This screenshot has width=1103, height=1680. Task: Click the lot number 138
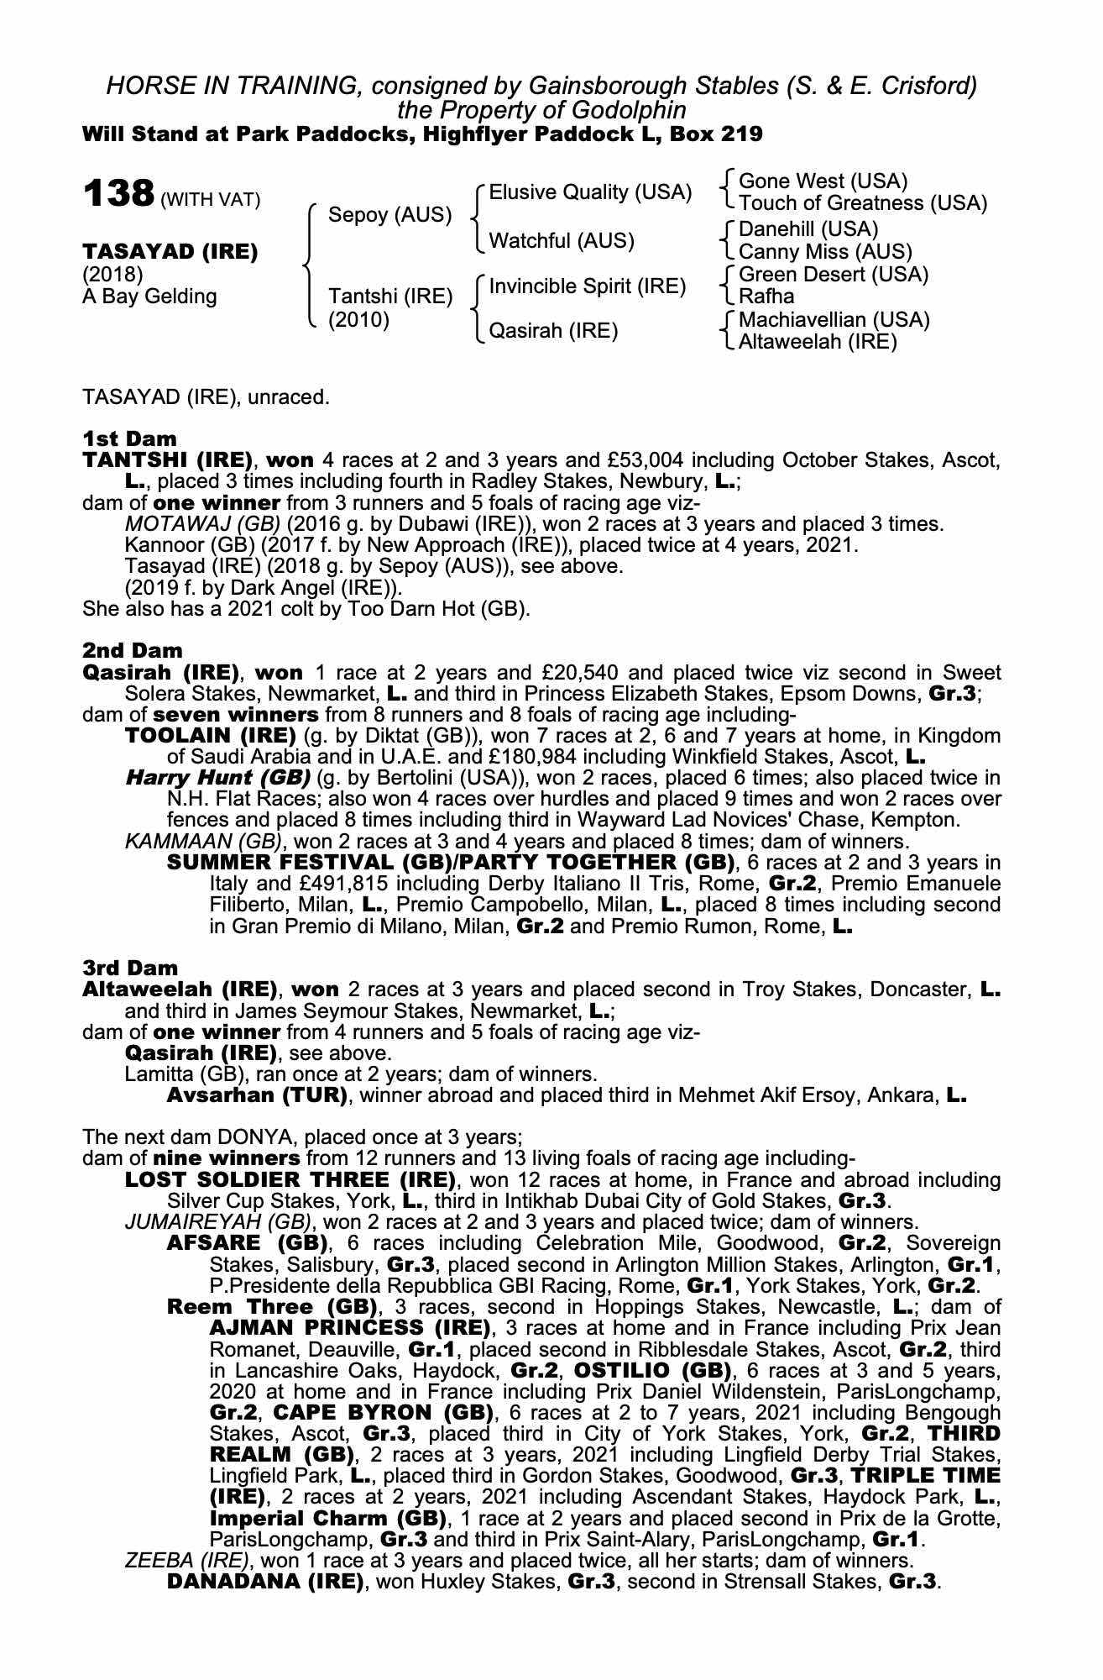click(117, 194)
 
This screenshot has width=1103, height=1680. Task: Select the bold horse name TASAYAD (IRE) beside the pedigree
click(170, 252)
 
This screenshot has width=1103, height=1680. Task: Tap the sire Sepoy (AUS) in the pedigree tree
click(389, 215)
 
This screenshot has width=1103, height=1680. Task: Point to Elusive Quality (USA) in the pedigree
click(590, 192)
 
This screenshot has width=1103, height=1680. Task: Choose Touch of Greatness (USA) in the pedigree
click(862, 203)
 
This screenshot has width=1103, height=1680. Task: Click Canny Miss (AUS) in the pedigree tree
click(824, 252)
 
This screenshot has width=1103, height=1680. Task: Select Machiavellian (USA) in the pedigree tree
click(834, 320)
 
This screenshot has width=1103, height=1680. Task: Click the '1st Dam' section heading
click(129, 439)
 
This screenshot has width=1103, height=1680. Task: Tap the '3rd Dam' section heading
click(130, 969)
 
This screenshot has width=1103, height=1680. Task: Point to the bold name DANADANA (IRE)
click(264, 1582)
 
